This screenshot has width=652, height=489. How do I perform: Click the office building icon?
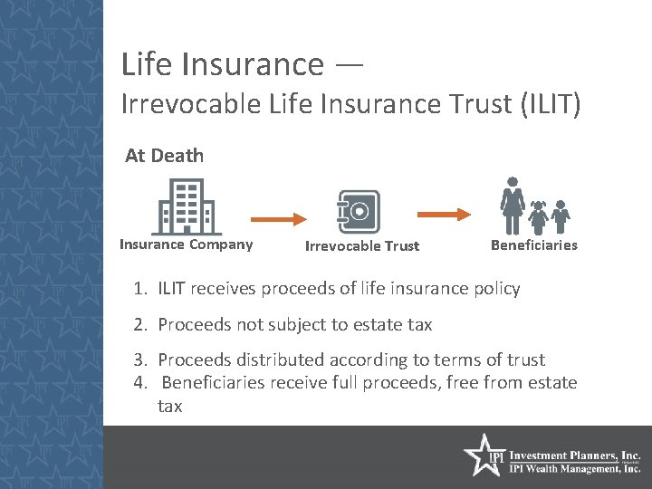click(x=187, y=206)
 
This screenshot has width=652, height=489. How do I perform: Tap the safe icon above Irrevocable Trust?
click(x=358, y=212)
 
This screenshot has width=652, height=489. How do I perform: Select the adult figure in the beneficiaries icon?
click(x=513, y=206)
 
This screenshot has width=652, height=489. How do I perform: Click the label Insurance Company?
click(x=187, y=244)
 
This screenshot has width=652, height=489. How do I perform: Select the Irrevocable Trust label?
click(x=362, y=246)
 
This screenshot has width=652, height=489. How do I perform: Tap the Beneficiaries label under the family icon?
click(x=533, y=245)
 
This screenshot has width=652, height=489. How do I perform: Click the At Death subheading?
click(x=164, y=156)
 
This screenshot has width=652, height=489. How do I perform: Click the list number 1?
click(x=139, y=289)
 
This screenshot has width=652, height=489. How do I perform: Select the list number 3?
click(x=139, y=360)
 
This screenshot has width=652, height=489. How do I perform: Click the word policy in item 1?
click(x=496, y=289)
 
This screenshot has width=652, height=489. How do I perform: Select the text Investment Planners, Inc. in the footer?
click(x=576, y=455)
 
